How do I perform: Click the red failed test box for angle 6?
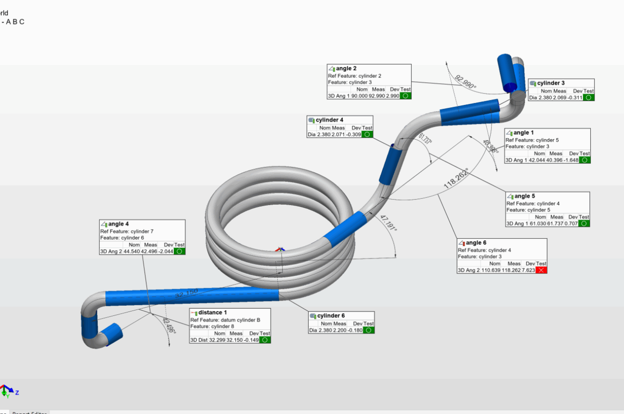[541, 271]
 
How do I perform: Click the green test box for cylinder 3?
[589, 98]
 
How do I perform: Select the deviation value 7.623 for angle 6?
[529, 271]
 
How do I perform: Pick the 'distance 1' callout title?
[212, 313]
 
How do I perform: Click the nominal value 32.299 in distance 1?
[217, 340]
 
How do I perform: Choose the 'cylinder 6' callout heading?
[331, 316]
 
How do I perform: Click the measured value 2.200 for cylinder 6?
[339, 330]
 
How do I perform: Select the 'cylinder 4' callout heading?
[330, 120]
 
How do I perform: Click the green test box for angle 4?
[179, 251]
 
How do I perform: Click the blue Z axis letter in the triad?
[17, 392]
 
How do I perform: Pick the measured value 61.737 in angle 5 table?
[557, 224]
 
